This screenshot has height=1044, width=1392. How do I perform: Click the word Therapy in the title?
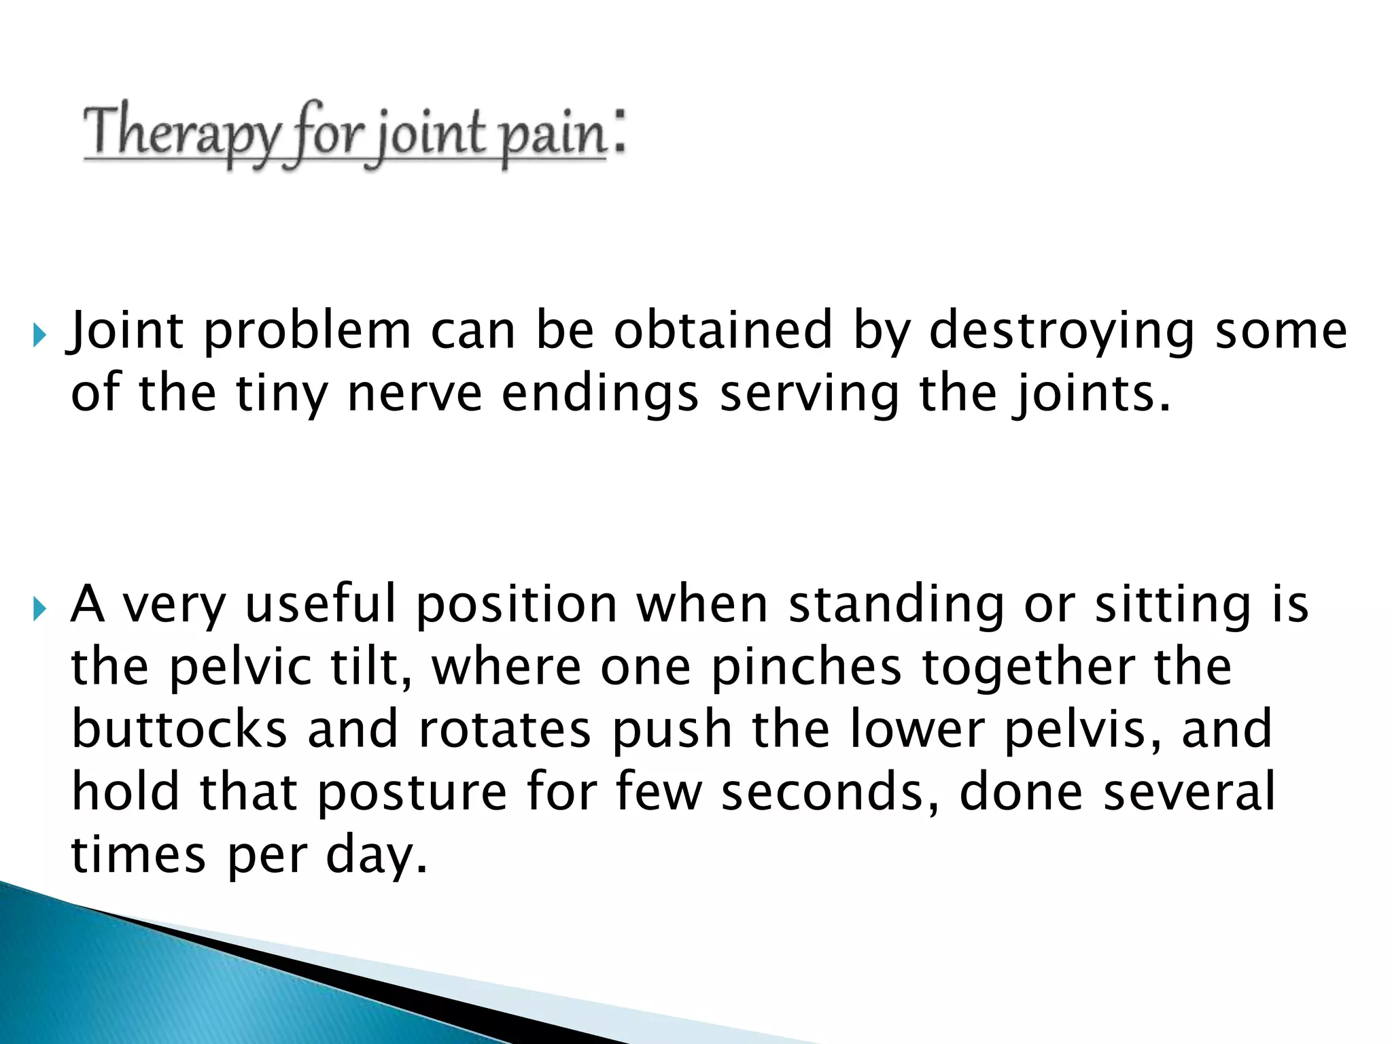(179, 133)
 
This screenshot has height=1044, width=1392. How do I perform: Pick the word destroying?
(1061, 332)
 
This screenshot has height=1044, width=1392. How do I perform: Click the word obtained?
(723, 330)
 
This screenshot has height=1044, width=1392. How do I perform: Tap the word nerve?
(414, 394)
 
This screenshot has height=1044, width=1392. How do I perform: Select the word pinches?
(806, 667)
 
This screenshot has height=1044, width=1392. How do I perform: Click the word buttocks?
(179, 729)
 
